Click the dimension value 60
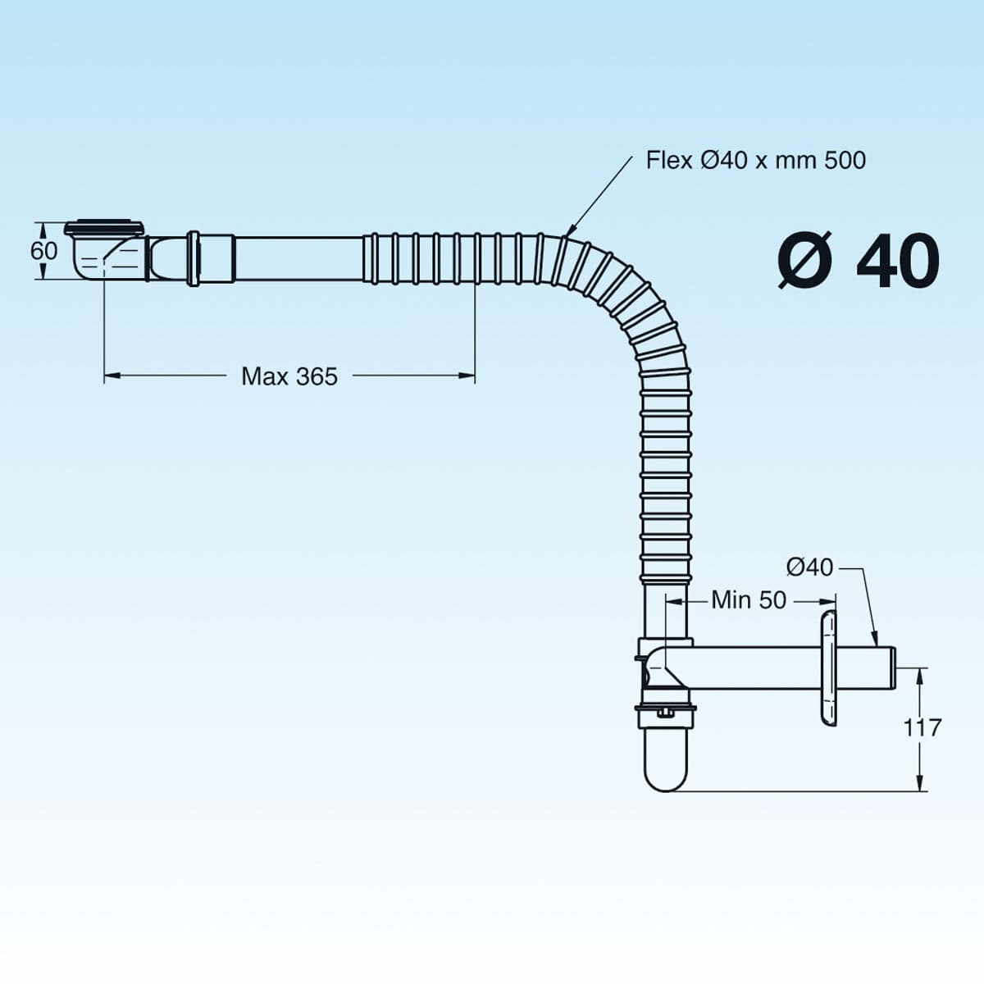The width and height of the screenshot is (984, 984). point(44,251)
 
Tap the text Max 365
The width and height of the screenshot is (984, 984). point(289,377)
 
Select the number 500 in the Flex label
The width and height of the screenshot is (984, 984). point(845,161)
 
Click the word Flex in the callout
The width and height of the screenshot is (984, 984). point(669,161)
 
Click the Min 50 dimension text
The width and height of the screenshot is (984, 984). point(749,600)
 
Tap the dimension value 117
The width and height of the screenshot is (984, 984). point(922,727)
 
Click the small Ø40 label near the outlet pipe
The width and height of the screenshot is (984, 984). point(810,567)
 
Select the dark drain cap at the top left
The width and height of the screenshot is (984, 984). point(106,228)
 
